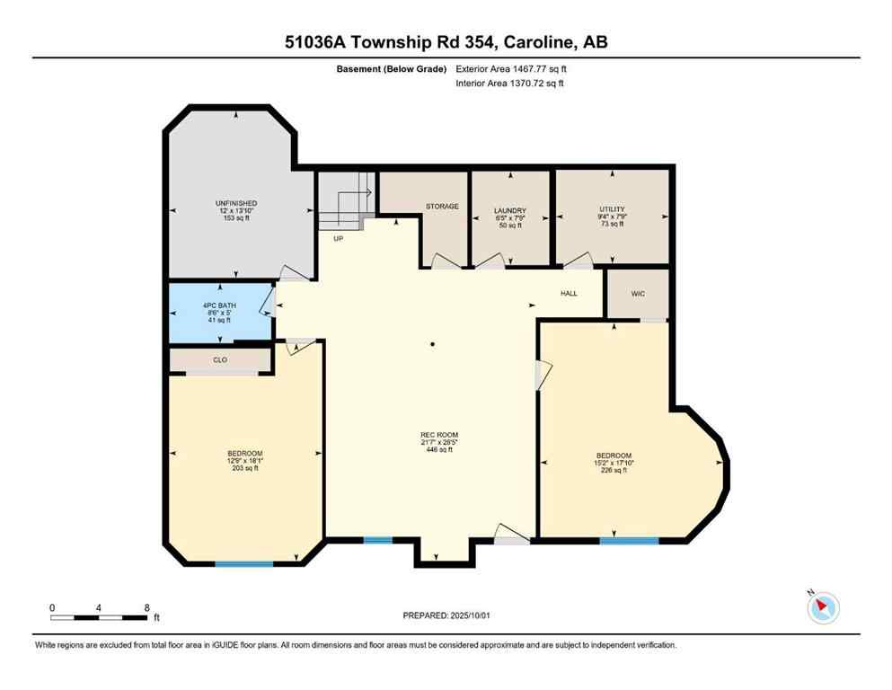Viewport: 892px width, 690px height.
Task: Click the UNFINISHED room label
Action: coord(235,203)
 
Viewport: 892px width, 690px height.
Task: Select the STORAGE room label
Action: coord(442,207)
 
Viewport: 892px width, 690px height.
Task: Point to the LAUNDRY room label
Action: coord(509,211)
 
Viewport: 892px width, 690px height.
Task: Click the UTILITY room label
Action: coord(611,209)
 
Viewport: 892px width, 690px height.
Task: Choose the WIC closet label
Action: coord(638,294)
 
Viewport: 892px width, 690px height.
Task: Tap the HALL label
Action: coord(570,294)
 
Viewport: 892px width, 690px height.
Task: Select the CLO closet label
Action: coord(220,359)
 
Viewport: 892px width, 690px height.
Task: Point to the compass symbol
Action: coord(822,607)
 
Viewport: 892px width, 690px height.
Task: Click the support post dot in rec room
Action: coord(432,344)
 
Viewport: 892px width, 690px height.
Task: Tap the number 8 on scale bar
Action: coord(146,608)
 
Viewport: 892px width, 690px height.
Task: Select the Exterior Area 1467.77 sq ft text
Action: coord(511,68)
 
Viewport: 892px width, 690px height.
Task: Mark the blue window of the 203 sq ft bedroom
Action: coord(243,564)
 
